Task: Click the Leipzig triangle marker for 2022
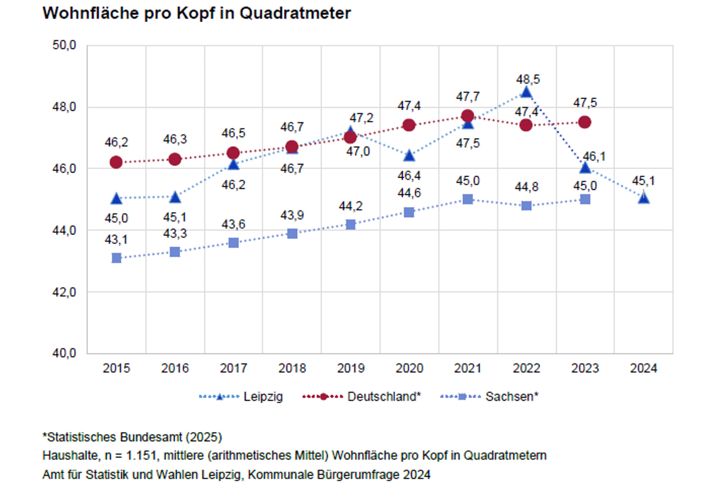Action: coord(526,93)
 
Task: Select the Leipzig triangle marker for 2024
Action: coord(643,198)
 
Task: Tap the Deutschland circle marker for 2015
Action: coord(116,162)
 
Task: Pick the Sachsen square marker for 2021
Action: coord(468,199)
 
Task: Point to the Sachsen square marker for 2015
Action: coord(116,258)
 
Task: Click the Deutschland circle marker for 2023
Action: coord(585,122)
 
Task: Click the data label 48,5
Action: coord(528,79)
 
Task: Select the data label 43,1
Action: coord(116,240)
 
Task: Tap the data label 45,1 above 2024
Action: coord(643,181)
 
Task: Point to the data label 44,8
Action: coord(527,187)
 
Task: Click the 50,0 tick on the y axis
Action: coord(64,45)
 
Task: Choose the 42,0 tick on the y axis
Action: coord(64,292)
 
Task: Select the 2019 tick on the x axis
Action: coord(351,368)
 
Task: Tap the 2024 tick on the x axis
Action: coord(643,368)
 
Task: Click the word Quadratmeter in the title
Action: coord(295,14)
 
